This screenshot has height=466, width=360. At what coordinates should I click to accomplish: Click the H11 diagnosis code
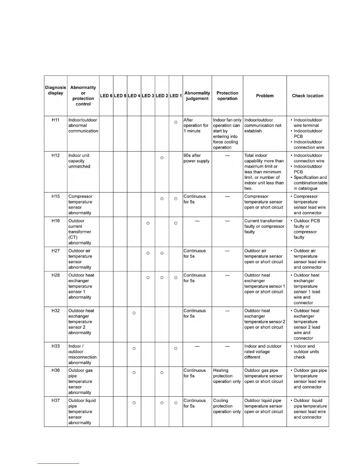(x=56, y=120)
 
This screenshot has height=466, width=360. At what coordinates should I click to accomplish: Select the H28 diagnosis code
(x=56, y=275)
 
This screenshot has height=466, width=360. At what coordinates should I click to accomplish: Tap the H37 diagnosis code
(x=56, y=401)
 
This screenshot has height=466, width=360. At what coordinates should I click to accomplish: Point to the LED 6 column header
(x=106, y=96)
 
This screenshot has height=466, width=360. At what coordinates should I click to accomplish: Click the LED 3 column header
(x=148, y=96)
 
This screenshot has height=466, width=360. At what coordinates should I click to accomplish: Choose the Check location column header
(x=308, y=96)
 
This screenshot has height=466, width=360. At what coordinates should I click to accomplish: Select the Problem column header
(x=265, y=96)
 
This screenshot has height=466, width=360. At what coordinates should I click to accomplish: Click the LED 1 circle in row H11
(x=176, y=122)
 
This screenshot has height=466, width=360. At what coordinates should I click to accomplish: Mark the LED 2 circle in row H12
(x=162, y=158)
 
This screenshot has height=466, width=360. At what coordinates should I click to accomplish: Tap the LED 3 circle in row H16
(x=148, y=223)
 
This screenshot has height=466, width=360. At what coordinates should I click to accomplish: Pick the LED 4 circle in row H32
(x=134, y=313)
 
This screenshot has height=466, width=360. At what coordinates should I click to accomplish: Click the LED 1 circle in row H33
(x=176, y=349)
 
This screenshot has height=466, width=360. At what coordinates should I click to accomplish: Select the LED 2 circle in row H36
(x=162, y=373)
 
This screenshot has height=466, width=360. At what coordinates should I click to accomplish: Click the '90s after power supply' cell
(x=196, y=158)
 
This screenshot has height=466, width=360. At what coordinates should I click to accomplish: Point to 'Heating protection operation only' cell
(x=227, y=376)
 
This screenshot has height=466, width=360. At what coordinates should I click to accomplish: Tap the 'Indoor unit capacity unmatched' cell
(x=79, y=161)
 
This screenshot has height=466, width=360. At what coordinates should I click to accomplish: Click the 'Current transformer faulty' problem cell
(x=264, y=227)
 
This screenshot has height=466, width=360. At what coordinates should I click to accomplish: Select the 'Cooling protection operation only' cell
(x=227, y=406)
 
